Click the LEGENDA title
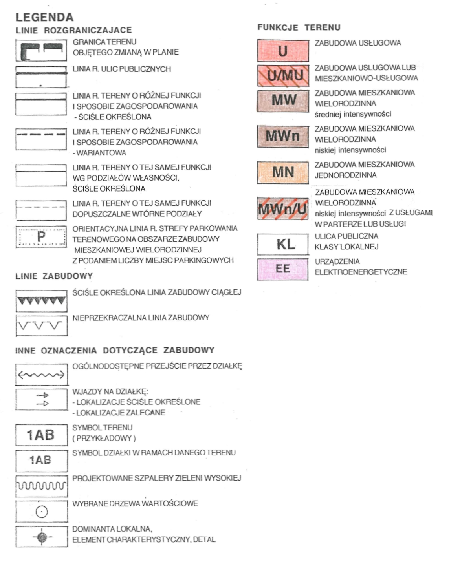coord(44,17)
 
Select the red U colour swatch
coord(282,50)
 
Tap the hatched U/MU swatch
coord(282,75)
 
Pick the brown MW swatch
coord(282,100)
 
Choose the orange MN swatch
coord(282,172)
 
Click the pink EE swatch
coord(282,269)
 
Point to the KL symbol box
coord(282,244)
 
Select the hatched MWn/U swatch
coord(282,209)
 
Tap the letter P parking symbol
coord(41,236)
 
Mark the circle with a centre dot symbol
coord(42,512)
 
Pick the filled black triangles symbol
coord(41,301)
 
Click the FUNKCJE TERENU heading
coord(299,27)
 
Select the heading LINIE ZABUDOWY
coord(54,276)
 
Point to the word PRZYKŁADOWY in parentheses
coord(104,438)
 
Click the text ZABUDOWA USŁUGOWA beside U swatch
coord(357,43)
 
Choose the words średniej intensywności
coord(353,114)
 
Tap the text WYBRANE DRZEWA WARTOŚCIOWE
coord(135,503)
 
